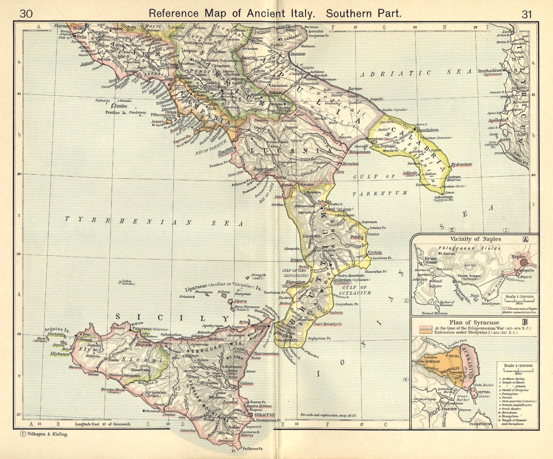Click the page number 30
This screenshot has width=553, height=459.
click(x=26, y=14)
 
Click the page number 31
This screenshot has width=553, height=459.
click(x=526, y=14)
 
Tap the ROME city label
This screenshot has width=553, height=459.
click(x=78, y=28)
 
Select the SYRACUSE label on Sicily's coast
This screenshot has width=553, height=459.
click(x=265, y=415)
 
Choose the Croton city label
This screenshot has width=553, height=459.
click(x=375, y=253)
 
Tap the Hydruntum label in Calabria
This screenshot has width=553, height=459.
click(x=461, y=164)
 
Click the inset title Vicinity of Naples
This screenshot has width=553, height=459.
click(x=476, y=239)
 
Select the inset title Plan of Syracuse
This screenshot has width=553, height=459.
click(x=474, y=322)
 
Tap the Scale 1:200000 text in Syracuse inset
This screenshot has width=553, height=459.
click(x=518, y=365)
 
